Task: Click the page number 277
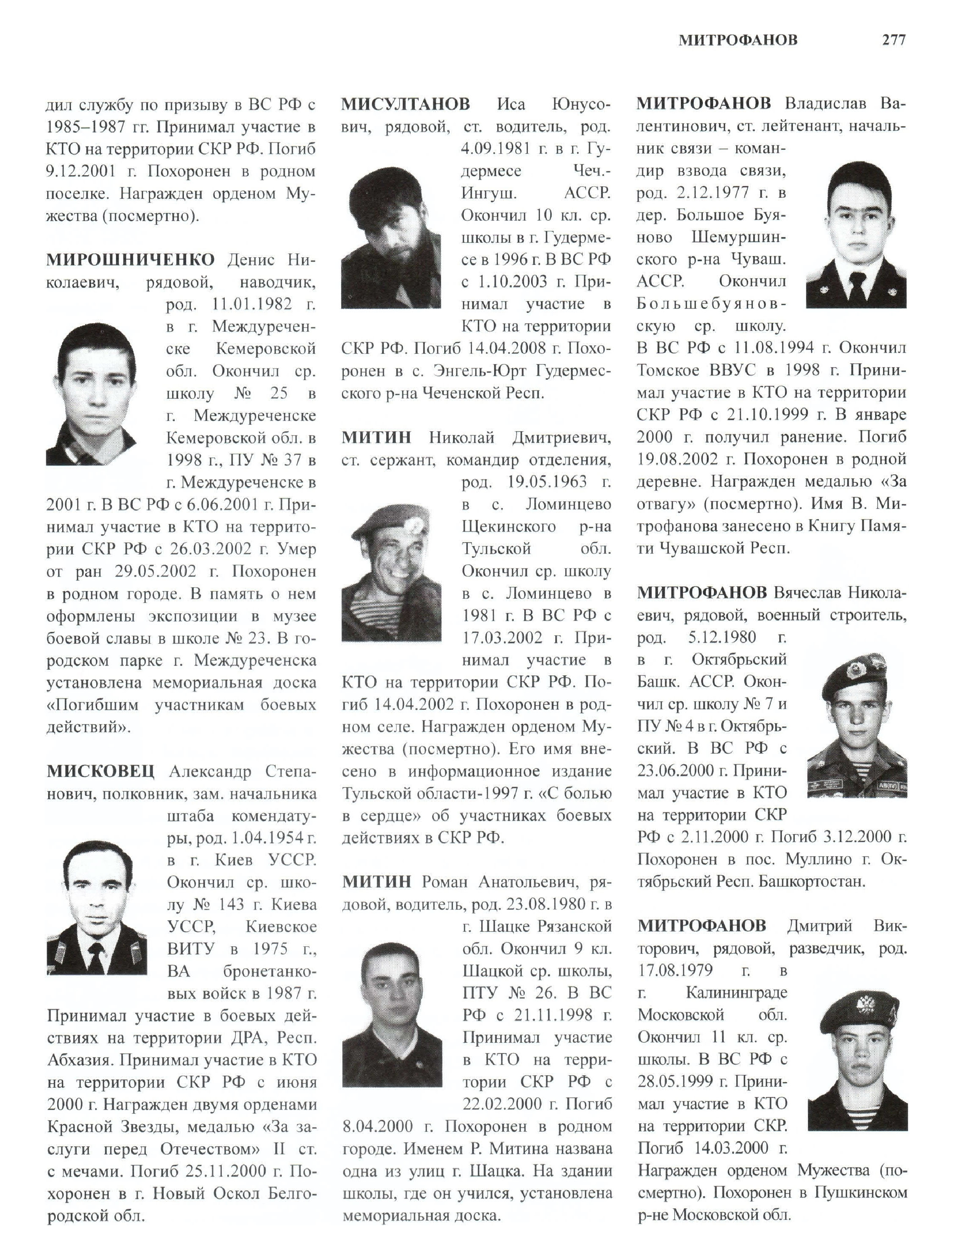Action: pyautogui.click(x=893, y=40)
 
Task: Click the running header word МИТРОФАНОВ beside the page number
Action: pyautogui.click(x=738, y=40)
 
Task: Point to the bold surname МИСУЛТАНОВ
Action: pyautogui.click(x=405, y=104)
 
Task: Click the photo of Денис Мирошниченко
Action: pyautogui.click(x=91, y=394)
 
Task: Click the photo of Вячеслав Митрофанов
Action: pyautogui.click(x=857, y=724)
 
